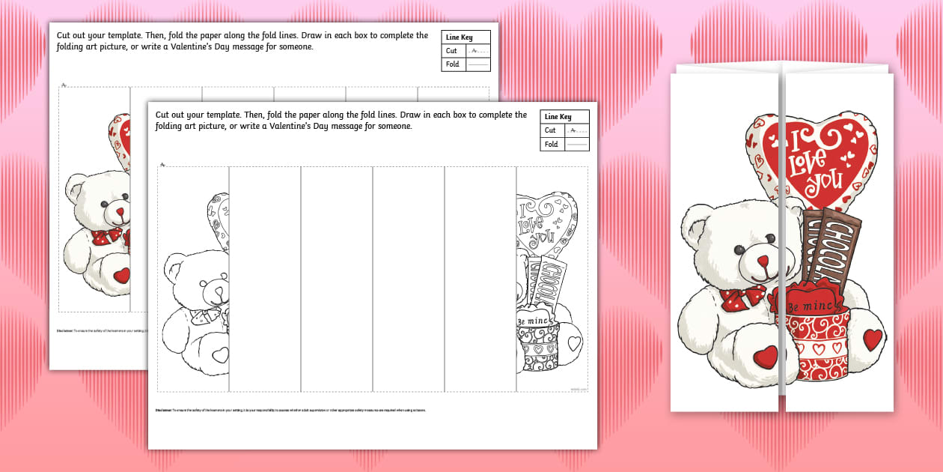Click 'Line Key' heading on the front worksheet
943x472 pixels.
point(558,117)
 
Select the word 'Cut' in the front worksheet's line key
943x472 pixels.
point(550,130)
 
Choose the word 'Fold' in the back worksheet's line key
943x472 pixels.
point(452,64)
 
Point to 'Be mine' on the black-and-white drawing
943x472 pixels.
point(533,321)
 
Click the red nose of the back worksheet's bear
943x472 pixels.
point(120,212)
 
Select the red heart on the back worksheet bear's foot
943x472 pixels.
point(121,276)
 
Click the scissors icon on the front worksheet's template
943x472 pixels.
point(162,164)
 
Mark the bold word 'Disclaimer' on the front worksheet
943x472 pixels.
point(163,411)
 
